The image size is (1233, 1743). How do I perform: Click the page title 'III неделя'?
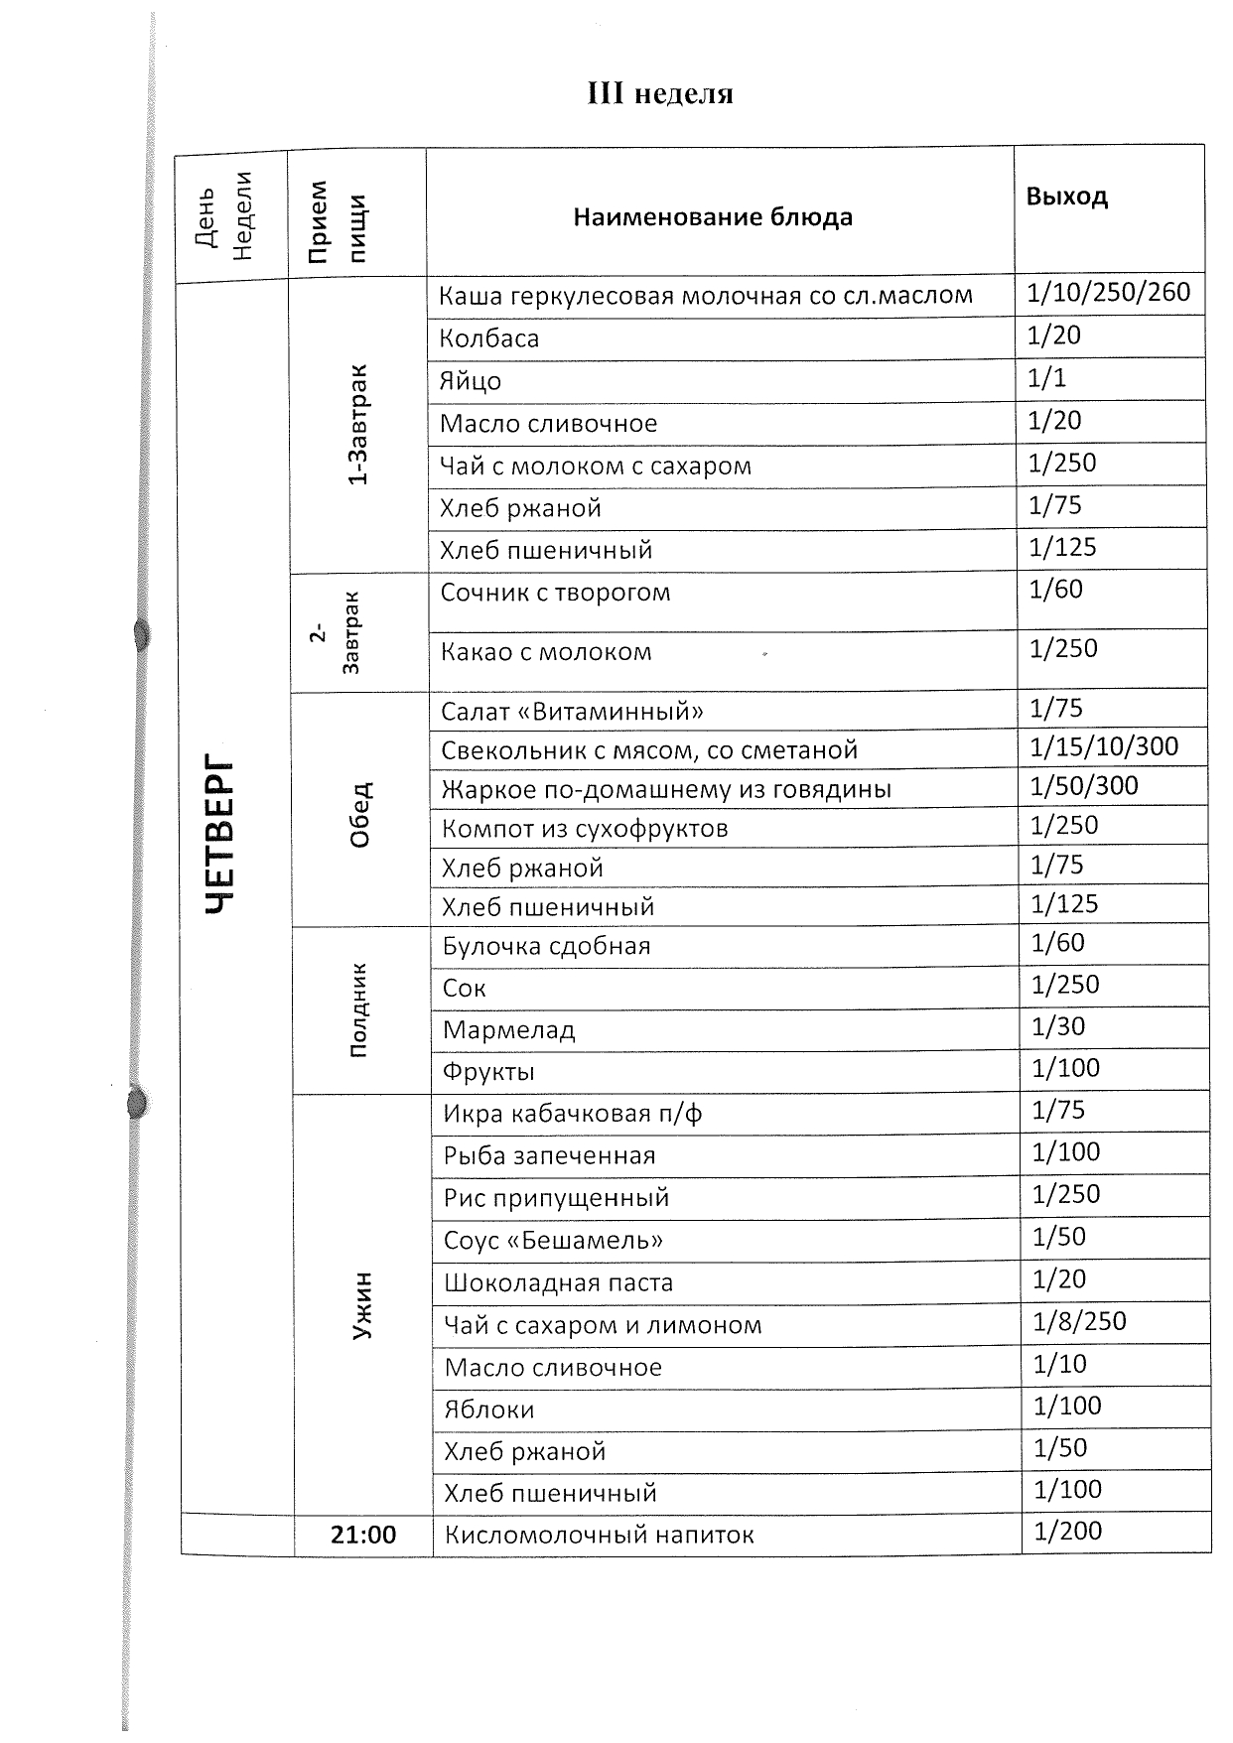point(660,94)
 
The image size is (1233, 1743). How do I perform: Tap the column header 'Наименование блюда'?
point(713,217)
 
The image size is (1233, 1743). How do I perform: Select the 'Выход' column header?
point(1066,197)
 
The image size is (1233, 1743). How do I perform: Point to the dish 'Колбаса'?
point(489,338)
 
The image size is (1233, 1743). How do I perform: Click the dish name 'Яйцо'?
point(471,381)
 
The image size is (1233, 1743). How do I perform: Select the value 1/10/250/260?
point(1108,293)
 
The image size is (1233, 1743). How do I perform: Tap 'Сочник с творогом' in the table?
point(555,593)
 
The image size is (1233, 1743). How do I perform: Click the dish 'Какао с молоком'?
point(546,652)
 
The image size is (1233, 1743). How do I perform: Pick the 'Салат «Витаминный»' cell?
point(573,712)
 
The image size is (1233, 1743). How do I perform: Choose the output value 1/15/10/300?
point(1104,747)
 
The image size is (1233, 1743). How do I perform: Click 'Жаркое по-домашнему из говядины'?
point(666,790)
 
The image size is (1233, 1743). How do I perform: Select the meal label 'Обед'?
point(360,815)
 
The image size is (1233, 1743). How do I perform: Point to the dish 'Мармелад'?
point(509,1030)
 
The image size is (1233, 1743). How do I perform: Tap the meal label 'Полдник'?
point(358,1009)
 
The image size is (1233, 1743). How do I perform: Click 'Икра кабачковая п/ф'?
point(573,1114)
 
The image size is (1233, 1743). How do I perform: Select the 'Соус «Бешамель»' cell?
point(553,1241)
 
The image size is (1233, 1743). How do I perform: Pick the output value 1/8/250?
point(1079,1321)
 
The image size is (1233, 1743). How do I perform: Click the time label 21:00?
point(363,1535)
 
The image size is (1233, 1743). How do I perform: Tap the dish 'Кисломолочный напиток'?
point(599,1536)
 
